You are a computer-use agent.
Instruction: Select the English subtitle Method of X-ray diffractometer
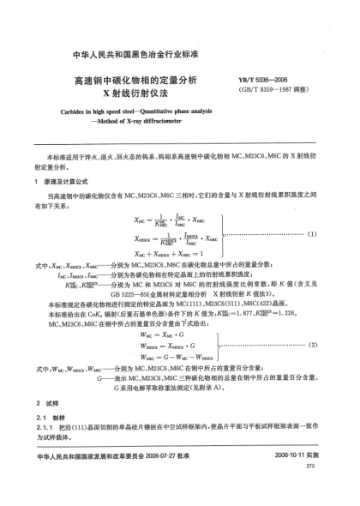pyautogui.click(x=137, y=123)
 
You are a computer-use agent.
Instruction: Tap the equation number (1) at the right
pyautogui.click(x=313, y=233)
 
